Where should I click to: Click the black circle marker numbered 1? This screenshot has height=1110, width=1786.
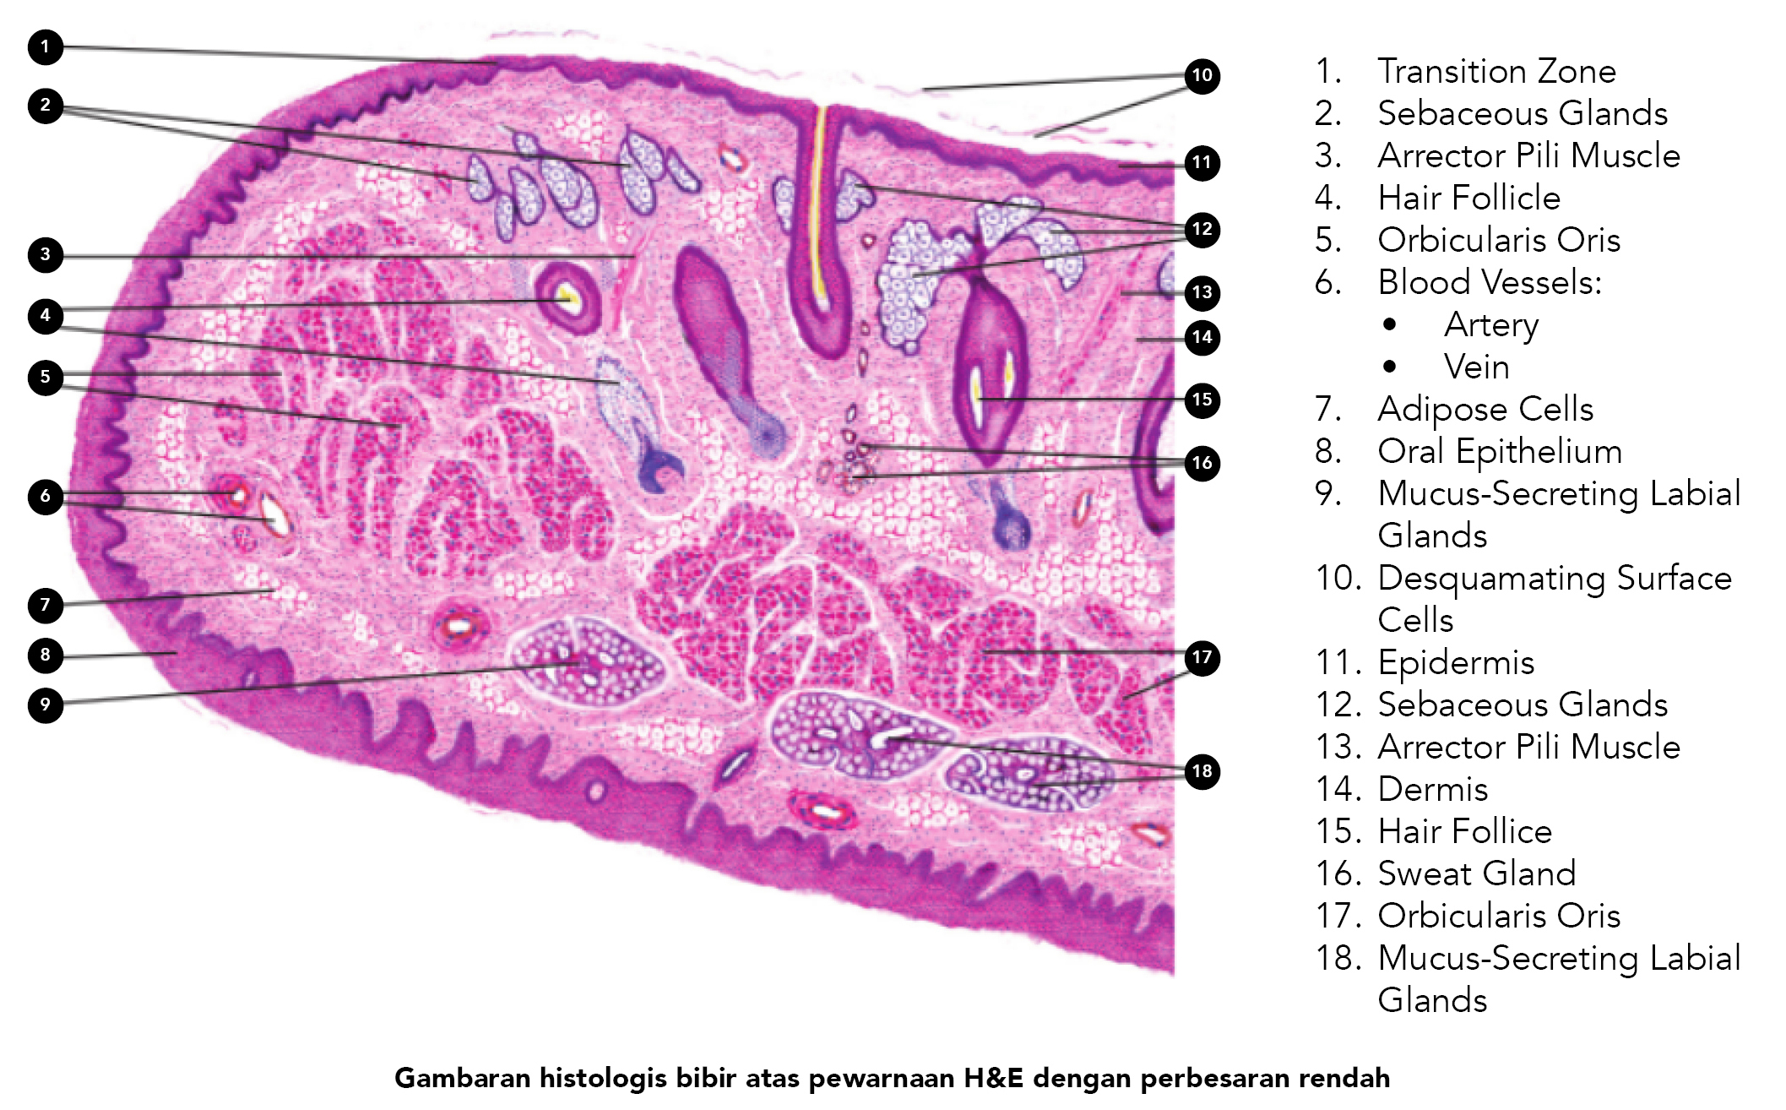click(46, 46)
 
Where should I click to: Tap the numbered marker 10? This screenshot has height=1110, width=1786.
click(1202, 76)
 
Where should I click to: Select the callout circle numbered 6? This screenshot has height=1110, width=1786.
click(46, 496)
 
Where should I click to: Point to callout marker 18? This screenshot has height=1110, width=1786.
click(1202, 771)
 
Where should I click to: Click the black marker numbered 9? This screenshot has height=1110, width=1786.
click(46, 705)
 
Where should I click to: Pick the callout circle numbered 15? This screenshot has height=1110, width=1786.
click(1202, 400)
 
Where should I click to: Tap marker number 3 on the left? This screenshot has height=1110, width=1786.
click(46, 254)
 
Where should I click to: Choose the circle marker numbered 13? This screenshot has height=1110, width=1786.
click(1202, 293)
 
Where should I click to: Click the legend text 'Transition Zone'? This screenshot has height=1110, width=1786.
click(1496, 71)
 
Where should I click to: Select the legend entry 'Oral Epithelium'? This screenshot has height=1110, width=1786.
click(1500, 452)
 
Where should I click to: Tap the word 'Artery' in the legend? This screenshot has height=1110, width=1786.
click(1491, 325)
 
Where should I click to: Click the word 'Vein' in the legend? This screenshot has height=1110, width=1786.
click(1477, 367)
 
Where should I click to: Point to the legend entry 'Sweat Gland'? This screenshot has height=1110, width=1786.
click(1477, 873)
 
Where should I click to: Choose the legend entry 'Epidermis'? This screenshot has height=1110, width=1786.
click(1456, 663)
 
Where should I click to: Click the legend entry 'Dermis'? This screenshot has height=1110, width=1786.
click(1433, 789)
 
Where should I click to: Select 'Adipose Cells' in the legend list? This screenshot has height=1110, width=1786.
click(1485, 410)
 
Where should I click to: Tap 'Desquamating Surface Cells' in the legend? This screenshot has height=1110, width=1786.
click(1555, 599)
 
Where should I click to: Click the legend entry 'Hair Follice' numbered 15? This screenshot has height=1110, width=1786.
click(1465, 831)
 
